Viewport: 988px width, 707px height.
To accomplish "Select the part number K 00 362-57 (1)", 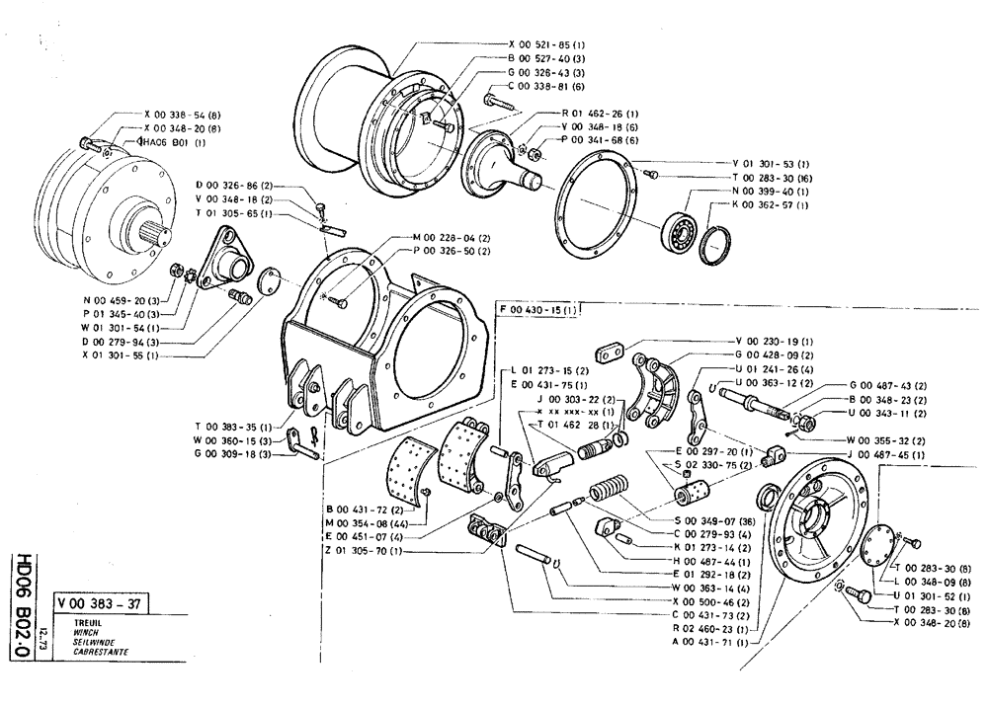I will click(770, 204).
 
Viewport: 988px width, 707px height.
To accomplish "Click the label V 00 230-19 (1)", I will click(773, 341).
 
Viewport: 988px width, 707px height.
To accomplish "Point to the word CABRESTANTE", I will click(88, 652).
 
